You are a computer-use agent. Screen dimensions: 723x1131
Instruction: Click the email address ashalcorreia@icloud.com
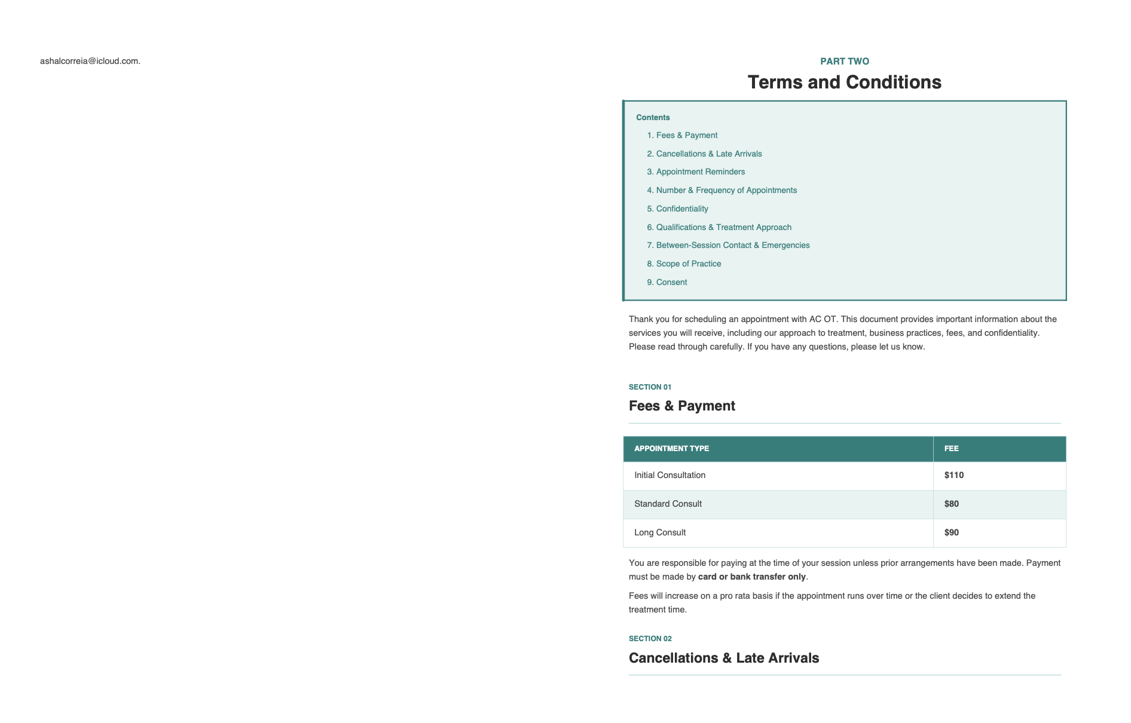[x=90, y=61]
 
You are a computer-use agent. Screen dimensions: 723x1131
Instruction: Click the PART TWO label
[x=844, y=61]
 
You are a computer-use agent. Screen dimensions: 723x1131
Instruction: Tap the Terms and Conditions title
[x=844, y=82]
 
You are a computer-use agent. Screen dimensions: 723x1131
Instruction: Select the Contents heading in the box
[x=653, y=117]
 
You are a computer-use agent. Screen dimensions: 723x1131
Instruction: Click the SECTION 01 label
[x=650, y=387]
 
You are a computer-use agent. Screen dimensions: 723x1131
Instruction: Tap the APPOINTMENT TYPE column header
[x=671, y=448]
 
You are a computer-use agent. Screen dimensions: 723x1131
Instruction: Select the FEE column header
[x=951, y=448]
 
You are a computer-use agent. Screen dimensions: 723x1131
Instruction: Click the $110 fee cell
[x=953, y=475]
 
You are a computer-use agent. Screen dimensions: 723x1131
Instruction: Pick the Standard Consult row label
[x=668, y=504]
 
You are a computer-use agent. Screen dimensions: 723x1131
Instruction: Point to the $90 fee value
[x=951, y=532]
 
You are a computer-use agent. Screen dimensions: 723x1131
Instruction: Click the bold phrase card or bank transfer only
[x=751, y=577]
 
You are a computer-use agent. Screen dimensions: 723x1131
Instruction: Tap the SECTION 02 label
[x=650, y=638]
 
